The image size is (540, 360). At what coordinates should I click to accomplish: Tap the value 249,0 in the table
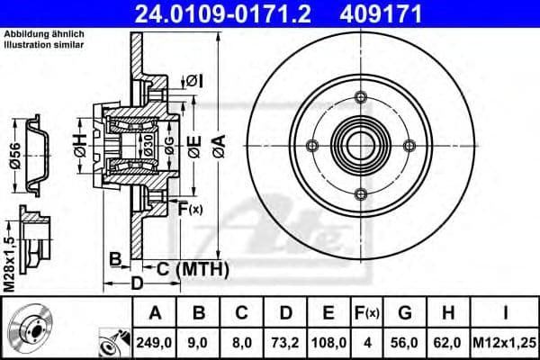click(x=156, y=342)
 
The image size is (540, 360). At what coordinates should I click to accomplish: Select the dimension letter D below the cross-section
click(x=137, y=284)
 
